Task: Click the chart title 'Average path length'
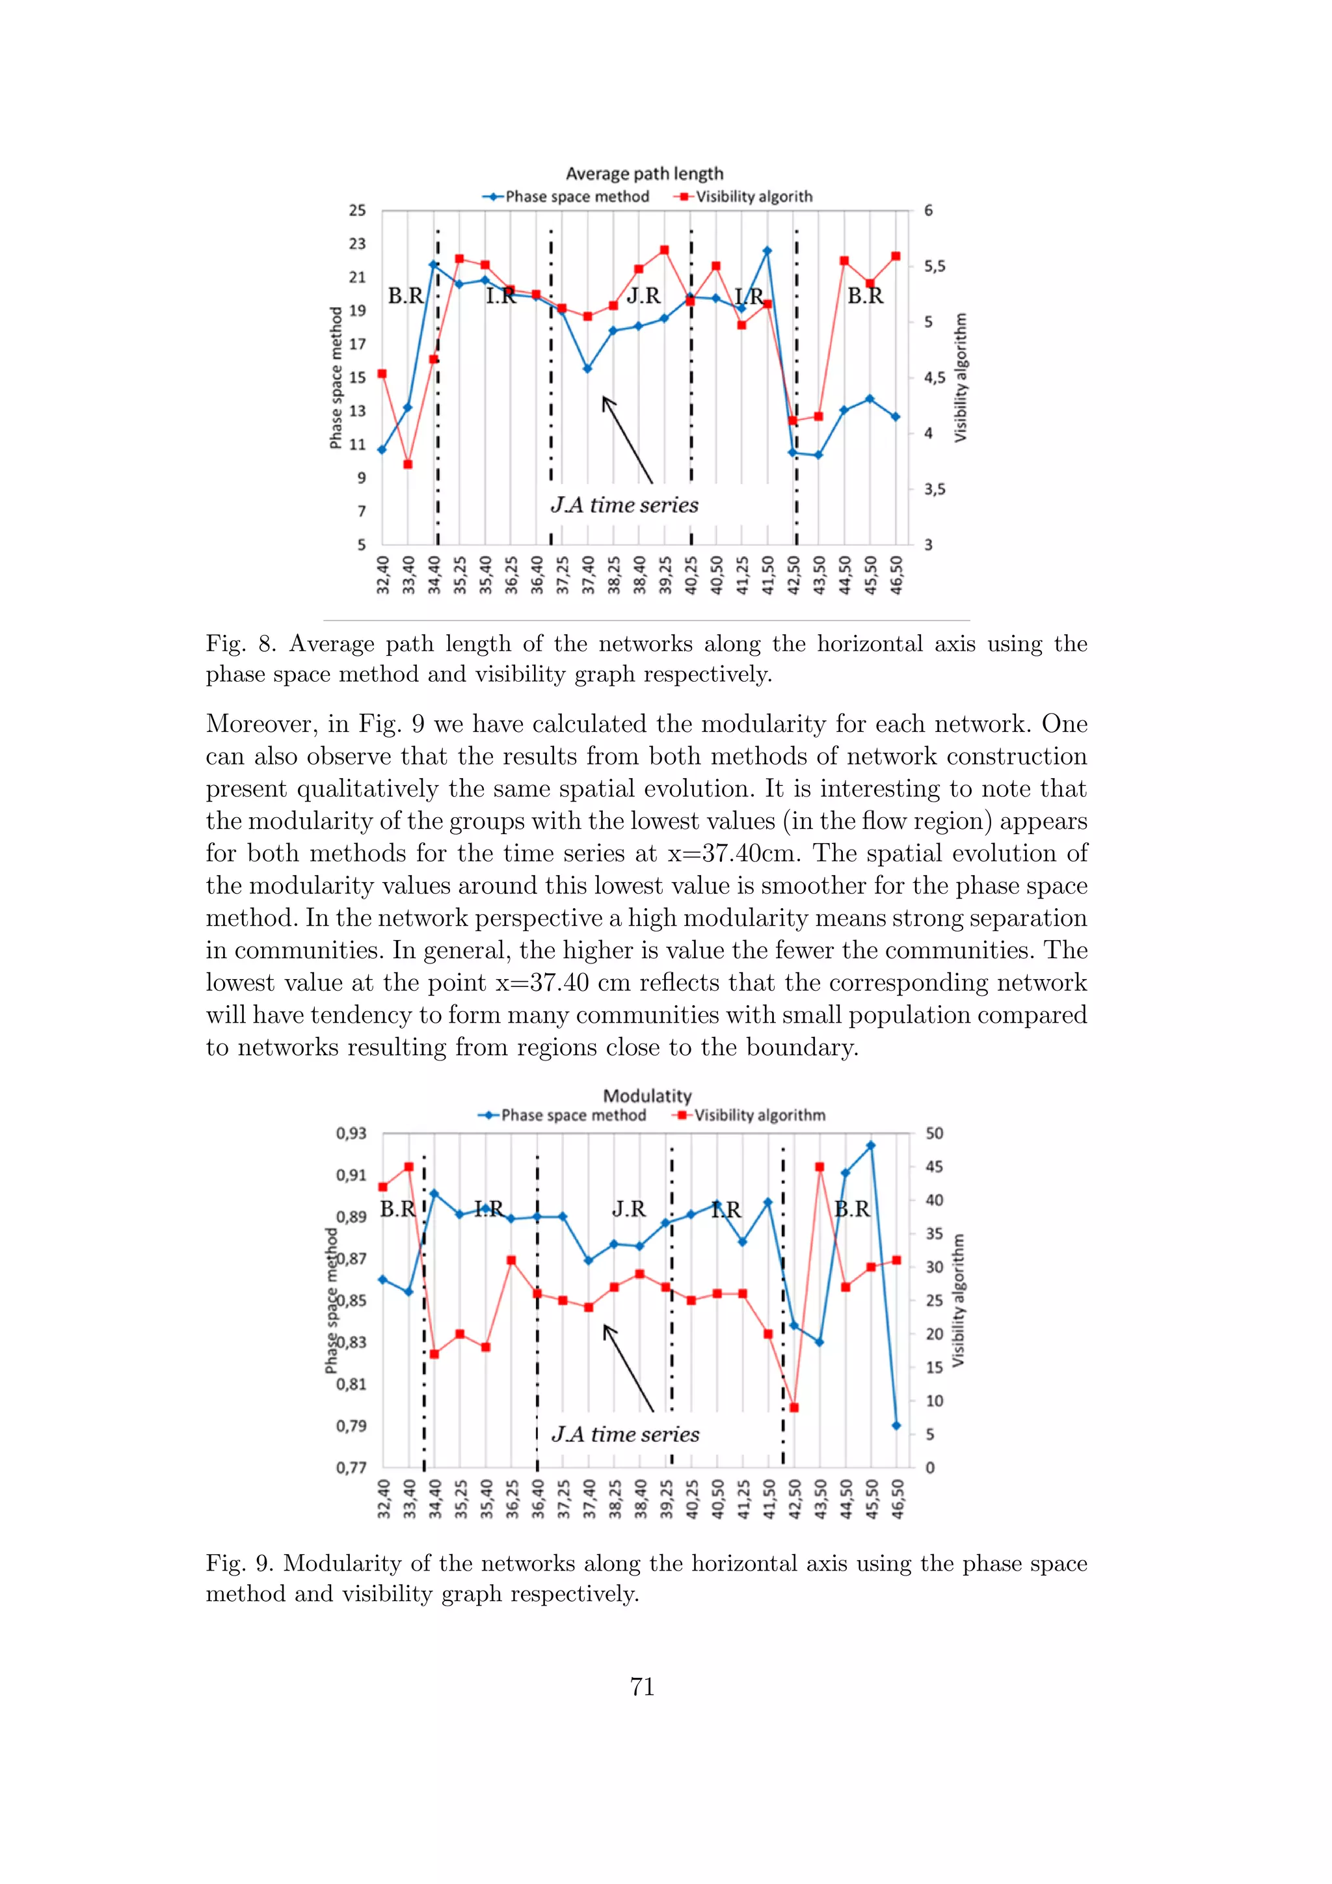[x=645, y=174]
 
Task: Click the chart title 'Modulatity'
[x=647, y=1096]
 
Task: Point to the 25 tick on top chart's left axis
[x=358, y=211]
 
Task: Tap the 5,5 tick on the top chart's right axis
[x=934, y=267]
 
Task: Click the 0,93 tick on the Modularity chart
[x=352, y=1133]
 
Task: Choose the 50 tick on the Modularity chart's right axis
[x=934, y=1133]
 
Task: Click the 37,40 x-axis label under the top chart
[x=588, y=574]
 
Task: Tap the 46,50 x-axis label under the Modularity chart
[x=898, y=1499]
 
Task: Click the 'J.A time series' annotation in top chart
[x=625, y=505]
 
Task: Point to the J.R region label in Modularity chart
[x=629, y=1209]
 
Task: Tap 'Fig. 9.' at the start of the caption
[x=239, y=1563]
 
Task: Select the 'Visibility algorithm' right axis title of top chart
[x=961, y=377]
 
